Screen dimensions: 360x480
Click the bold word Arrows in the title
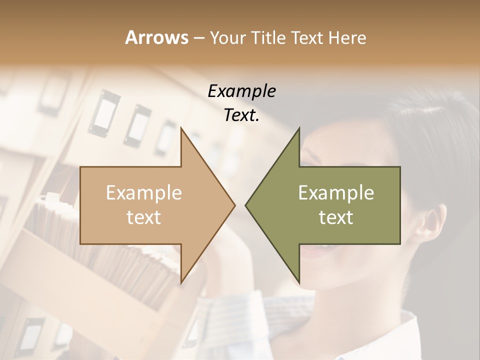coord(157,37)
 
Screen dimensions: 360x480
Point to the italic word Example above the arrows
coord(241,91)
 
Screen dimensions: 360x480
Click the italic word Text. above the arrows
coord(241,115)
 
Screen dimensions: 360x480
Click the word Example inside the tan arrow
coord(144,193)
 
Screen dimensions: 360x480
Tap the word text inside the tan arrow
coord(144,217)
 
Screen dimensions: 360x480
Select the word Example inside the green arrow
coord(336,193)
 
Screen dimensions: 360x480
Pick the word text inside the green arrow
coord(336,217)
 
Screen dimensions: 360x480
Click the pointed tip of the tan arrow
coord(234,205)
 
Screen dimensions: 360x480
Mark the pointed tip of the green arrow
coord(246,205)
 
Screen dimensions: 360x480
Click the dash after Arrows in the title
coord(198,38)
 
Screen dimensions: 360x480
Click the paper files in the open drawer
coord(55,220)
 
